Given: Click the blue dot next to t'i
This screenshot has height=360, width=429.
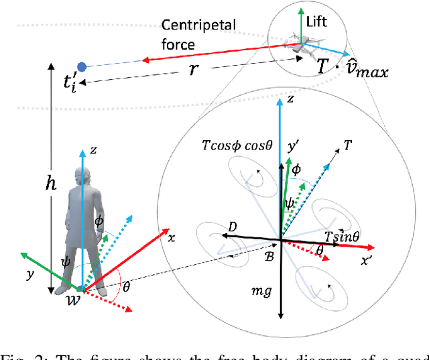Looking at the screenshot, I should point(82,66).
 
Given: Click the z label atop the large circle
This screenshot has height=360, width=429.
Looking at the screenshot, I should point(289,99).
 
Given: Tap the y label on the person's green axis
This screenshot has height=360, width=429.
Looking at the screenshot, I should point(29,275).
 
